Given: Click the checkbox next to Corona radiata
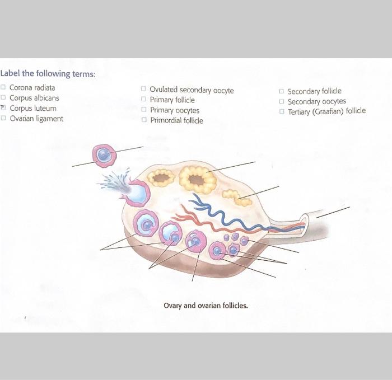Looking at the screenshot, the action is [4, 87].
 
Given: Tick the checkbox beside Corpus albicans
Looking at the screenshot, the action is [4, 98].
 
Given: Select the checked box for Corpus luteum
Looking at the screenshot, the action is [4, 108].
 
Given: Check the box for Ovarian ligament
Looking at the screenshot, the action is [4, 119].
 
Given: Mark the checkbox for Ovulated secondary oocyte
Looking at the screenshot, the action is [144, 90].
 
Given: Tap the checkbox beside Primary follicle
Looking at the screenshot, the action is [144, 100].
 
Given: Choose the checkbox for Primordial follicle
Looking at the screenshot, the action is [144, 120].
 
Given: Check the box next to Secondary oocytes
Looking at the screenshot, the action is [282, 101].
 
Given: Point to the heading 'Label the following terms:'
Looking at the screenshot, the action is [48, 74].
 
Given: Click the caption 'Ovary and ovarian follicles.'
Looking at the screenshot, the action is [206, 306].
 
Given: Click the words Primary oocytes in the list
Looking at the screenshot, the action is [174, 110].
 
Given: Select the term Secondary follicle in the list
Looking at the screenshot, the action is [314, 91].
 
